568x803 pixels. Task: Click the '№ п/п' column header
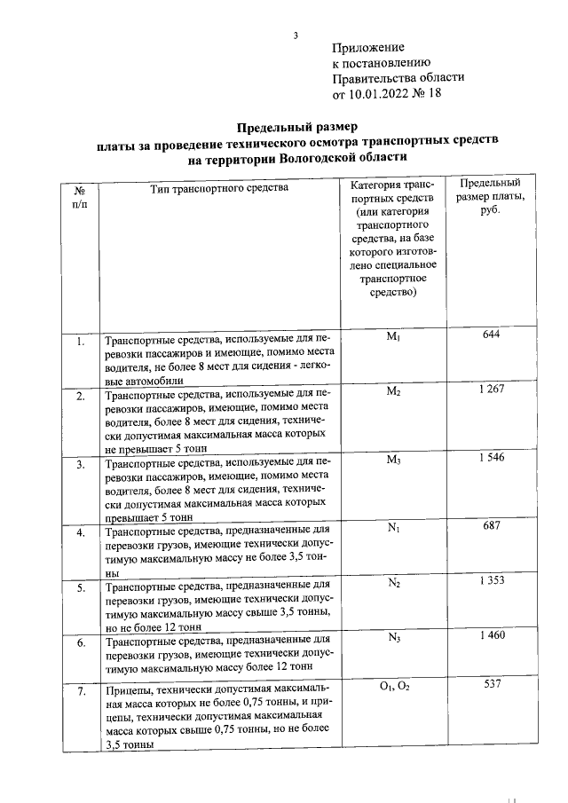pos(79,197)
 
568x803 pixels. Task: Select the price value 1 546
pos(492,457)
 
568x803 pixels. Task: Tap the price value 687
pos(492,526)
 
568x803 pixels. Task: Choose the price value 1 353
pos(492,580)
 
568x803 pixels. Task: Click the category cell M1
pos(395,336)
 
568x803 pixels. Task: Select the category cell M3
pos(395,460)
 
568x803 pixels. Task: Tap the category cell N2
pos(395,583)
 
